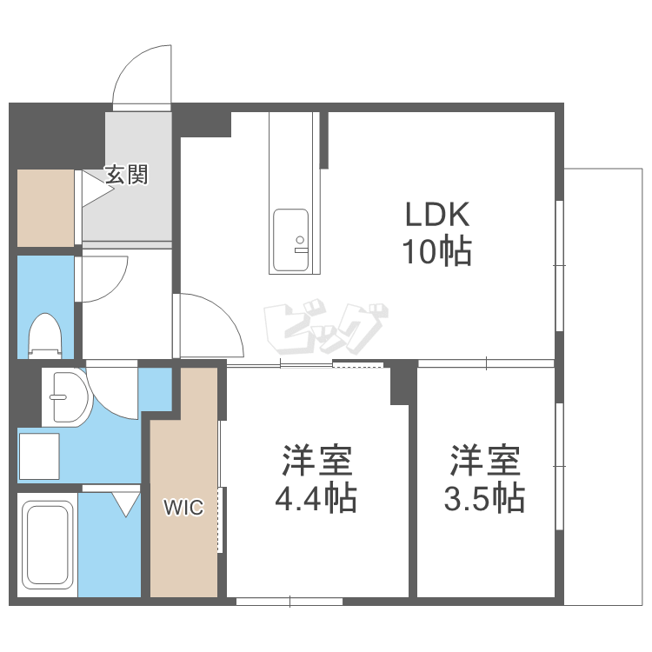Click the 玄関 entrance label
point(126,175)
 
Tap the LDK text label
point(437,214)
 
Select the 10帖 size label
point(436,250)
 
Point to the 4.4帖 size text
point(316,497)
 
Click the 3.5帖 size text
point(484,497)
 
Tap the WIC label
point(183,508)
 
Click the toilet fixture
point(45,336)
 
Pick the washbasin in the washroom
point(67,397)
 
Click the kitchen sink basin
point(290,240)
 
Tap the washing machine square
point(39,456)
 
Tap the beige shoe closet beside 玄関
point(45,208)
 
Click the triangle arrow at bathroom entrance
point(126,504)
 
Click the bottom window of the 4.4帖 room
point(289,602)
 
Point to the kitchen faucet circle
point(300,240)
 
